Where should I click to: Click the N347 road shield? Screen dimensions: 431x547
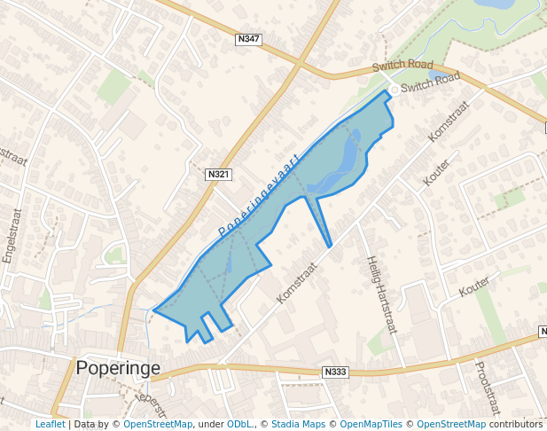pos(248,40)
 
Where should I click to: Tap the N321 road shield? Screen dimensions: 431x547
pos(218,175)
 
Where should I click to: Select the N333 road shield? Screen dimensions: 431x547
pos(334,372)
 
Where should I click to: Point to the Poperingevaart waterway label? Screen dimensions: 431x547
pos(260,195)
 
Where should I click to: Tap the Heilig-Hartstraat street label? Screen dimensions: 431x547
pos(380,294)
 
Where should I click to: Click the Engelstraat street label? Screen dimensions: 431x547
pos(11,236)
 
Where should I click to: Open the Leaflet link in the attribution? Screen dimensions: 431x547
pos(50,424)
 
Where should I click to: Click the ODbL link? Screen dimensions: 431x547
pos(239,424)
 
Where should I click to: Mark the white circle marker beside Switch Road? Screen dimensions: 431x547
pos(395,90)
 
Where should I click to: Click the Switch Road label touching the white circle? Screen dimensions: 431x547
pos(430,84)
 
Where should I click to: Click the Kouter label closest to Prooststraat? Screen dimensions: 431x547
pos(474,286)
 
